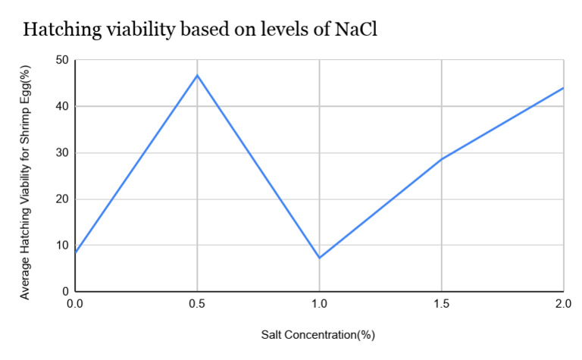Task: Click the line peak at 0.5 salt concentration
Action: click(197, 75)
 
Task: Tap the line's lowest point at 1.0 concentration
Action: click(319, 258)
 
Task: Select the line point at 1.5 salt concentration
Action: click(441, 159)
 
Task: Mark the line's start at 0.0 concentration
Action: click(75, 252)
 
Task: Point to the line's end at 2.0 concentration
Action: click(563, 88)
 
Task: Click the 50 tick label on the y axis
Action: click(62, 60)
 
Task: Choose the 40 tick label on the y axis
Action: click(62, 106)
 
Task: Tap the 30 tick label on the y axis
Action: click(62, 152)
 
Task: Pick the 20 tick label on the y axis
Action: click(62, 199)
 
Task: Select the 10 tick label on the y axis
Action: click(62, 246)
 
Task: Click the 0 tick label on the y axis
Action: click(65, 292)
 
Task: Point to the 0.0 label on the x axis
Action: click(75, 304)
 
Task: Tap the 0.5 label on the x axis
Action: click(197, 304)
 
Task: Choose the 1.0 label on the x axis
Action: click(319, 304)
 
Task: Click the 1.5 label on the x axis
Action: click(441, 304)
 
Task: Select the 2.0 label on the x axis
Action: click(562, 304)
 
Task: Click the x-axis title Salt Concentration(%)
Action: click(319, 334)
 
